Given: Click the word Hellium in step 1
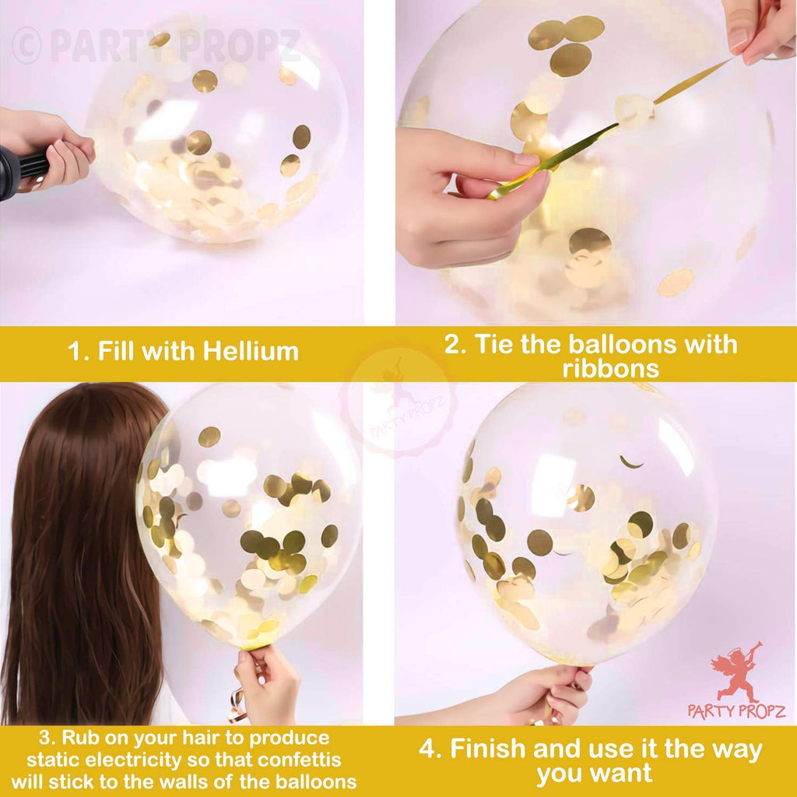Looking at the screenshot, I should click(251, 351).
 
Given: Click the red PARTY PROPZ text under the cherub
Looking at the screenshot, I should click(736, 711).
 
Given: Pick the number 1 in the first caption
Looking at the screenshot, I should click(75, 351).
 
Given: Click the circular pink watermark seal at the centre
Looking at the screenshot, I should click(398, 402).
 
